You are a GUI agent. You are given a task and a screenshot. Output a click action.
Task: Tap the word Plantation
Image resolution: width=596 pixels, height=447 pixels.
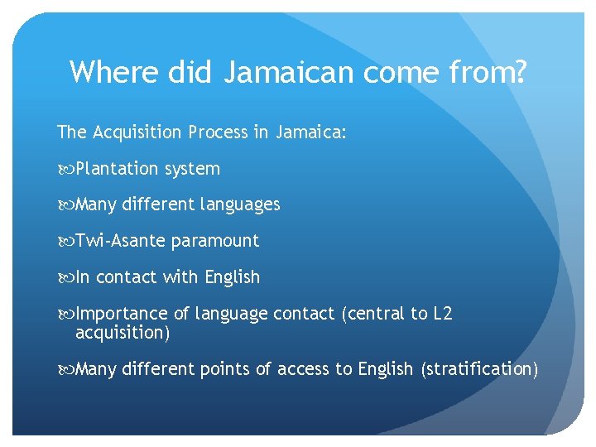point(117,169)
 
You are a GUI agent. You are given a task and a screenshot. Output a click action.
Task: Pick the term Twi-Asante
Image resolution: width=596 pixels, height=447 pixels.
point(120,241)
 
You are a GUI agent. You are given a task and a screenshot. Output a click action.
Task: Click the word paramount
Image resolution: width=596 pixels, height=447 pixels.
point(215,241)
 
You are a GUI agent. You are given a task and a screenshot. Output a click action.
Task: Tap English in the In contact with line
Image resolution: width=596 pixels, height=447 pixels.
point(232,277)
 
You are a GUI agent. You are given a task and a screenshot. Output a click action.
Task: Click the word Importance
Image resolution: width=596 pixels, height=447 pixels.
point(121,314)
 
